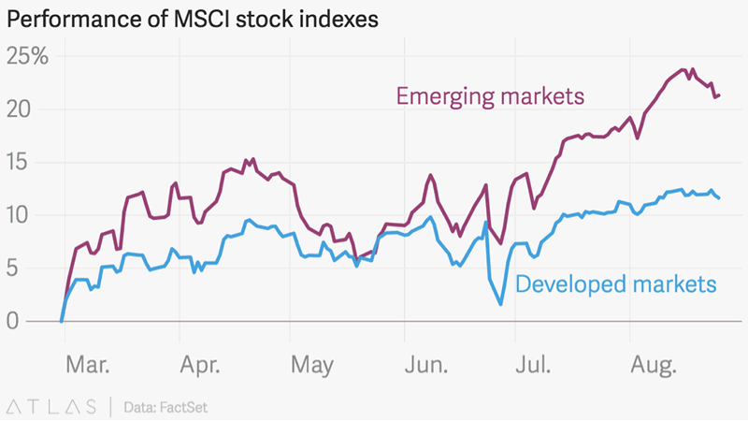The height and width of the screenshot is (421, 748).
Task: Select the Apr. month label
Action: tap(200, 365)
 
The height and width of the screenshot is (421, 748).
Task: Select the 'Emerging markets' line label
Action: tap(490, 95)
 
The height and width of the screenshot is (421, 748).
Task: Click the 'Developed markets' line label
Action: tap(616, 283)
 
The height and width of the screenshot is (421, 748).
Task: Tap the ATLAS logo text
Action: tap(52, 406)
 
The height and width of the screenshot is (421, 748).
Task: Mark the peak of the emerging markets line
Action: tap(684, 70)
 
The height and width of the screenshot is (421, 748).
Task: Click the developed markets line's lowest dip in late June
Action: tap(501, 304)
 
